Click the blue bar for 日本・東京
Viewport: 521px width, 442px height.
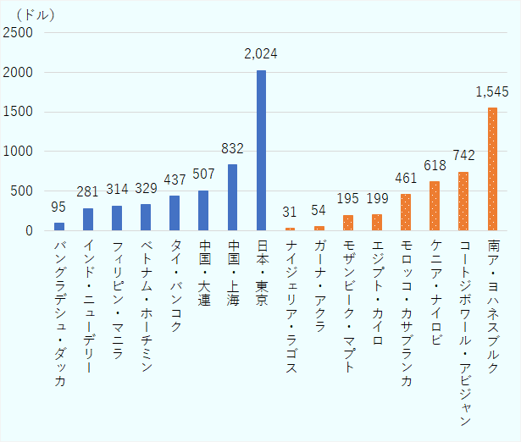point(261,150)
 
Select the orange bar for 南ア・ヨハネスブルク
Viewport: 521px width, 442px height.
point(492,169)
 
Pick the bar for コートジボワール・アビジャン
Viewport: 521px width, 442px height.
point(463,201)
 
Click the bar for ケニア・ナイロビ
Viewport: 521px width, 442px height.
point(435,206)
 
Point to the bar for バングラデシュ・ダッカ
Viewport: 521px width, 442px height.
point(59,226)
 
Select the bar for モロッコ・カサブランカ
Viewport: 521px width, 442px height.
point(406,212)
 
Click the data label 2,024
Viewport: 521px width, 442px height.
point(261,55)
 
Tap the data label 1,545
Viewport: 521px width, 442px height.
point(492,91)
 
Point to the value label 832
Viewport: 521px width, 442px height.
point(232,149)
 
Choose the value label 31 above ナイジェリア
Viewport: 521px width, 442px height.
point(290,213)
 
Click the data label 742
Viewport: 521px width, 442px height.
point(463,157)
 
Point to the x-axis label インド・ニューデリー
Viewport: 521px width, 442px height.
point(88,307)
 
